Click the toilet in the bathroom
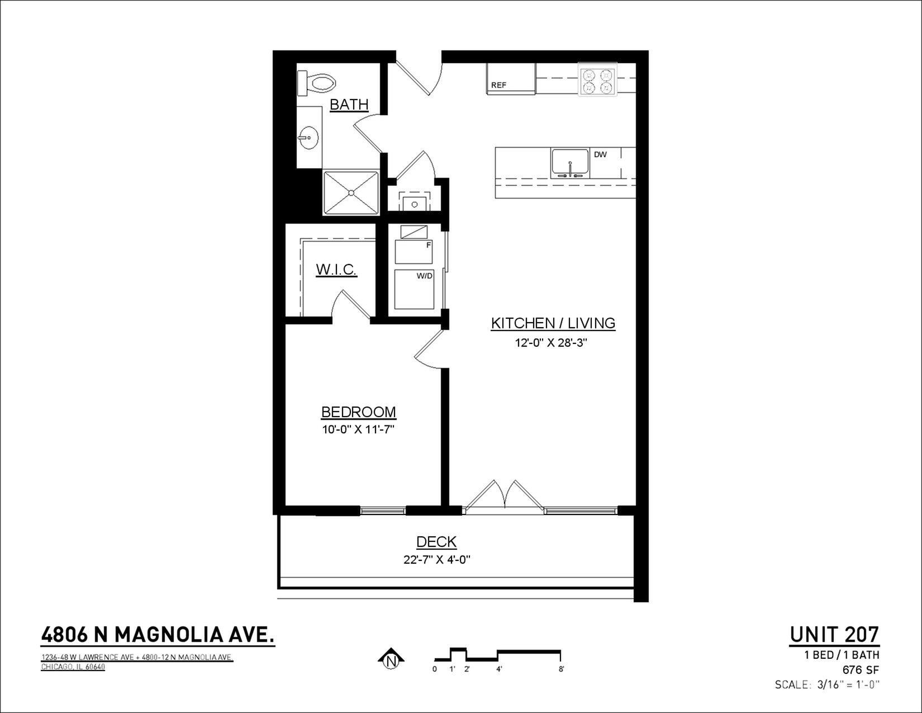(x=316, y=83)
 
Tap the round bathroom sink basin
(x=308, y=138)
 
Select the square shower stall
(x=351, y=193)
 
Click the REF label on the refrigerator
(x=498, y=85)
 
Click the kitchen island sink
(x=570, y=163)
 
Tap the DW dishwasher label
(x=600, y=154)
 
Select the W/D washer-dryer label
(x=424, y=276)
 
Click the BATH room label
(x=349, y=105)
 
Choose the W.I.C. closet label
(x=336, y=269)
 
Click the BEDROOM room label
(x=359, y=412)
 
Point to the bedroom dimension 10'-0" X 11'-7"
(x=359, y=429)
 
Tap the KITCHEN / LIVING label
(x=553, y=323)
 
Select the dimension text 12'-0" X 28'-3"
(x=551, y=342)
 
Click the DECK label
(x=436, y=542)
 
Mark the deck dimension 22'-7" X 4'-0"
(x=437, y=560)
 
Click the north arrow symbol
(x=391, y=659)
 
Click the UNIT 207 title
(x=834, y=635)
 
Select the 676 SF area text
(x=861, y=670)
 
